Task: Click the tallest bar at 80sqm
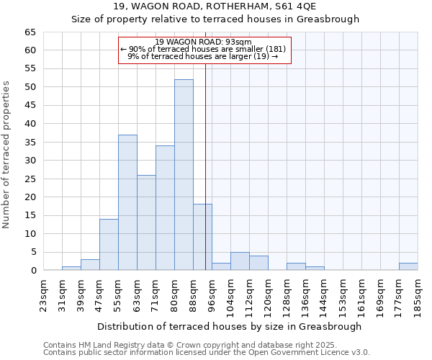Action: [184, 175]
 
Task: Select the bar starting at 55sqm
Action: [127, 202]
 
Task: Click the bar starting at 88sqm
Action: [202, 237]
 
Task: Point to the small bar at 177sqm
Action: [408, 266]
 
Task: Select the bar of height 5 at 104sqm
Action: [240, 261]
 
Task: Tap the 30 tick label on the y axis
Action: [30, 161]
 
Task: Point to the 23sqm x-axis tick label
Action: [43, 294]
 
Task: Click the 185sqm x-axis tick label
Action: [418, 294]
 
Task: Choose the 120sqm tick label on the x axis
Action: [268, 294]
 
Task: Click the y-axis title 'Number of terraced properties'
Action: [7, 154]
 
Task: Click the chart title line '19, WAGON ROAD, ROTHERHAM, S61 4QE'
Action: [215, 6]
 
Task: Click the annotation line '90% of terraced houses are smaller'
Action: [204, 49]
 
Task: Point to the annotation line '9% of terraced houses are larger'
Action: [204, 55]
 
